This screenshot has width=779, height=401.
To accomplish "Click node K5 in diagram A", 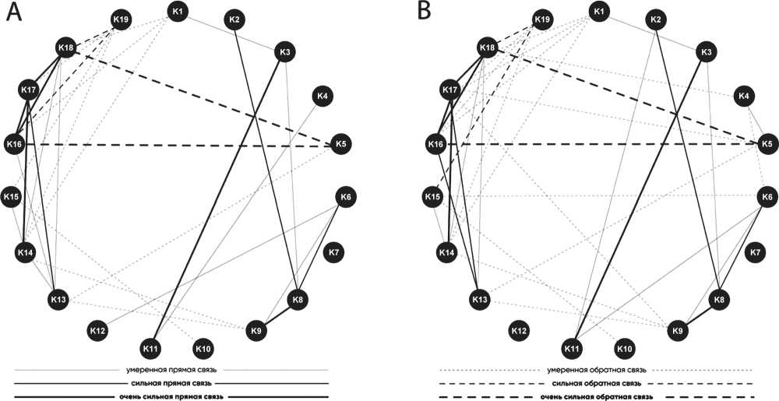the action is click(x=340, y=144).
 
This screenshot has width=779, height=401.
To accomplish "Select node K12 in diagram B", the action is click(x=519, y=331).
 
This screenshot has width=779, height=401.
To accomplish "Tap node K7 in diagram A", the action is click(x=333, y=252).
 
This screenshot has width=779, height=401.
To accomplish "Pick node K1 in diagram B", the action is click(x=598, y=12).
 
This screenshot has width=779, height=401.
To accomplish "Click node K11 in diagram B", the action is click(x=573, y=346).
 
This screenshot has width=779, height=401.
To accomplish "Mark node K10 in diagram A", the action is click(x=203, y=346).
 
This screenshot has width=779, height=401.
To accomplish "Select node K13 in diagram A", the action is click(x=58, y=299).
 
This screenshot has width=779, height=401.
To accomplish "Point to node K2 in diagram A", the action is click(x=235, y=19).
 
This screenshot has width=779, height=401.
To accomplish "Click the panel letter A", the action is click(x=13, y=13).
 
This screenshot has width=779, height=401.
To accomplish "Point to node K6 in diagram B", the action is click(x=767, y=196).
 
